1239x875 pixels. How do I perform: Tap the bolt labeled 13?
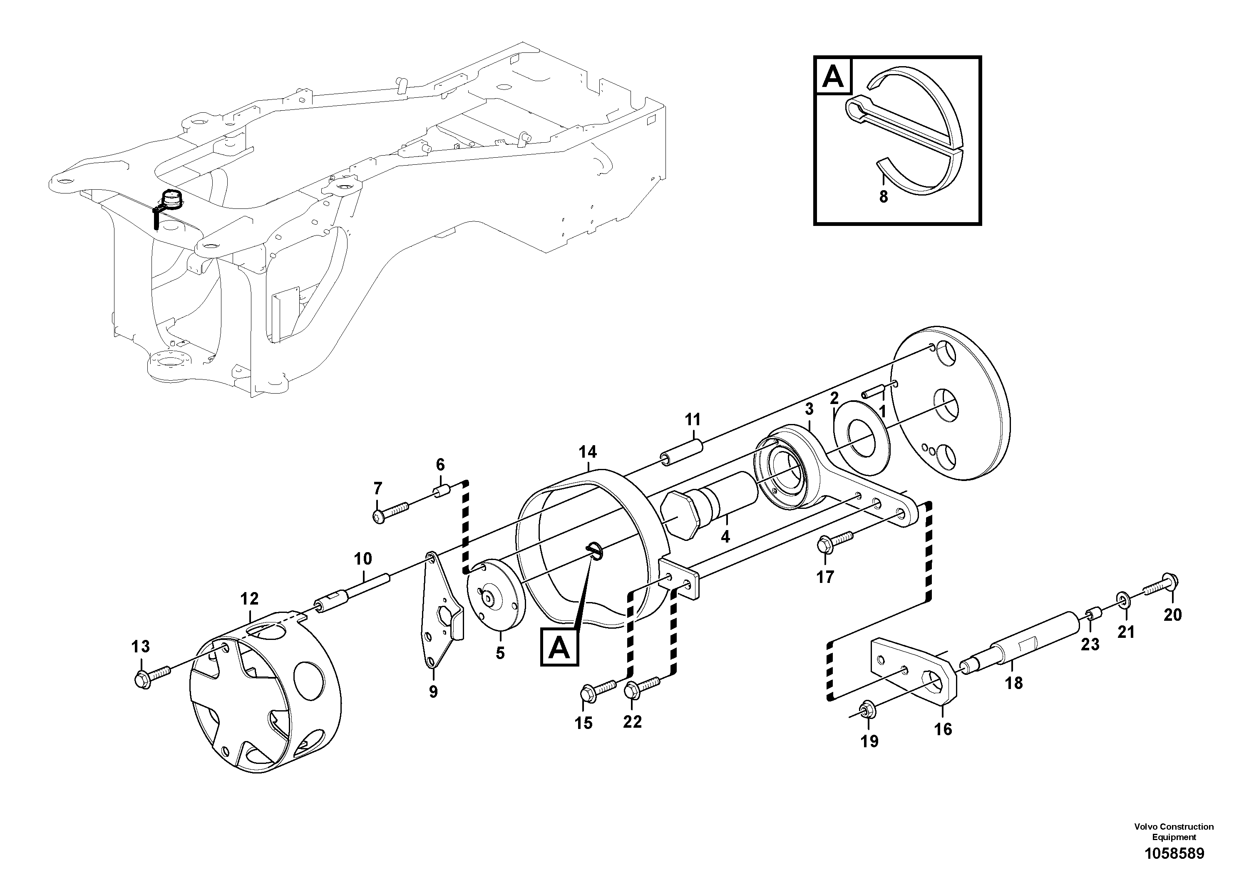(151, 675)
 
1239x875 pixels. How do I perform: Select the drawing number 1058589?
(1174, 854)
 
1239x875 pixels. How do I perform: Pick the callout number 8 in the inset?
(884, 197)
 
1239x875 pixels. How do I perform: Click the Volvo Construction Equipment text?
(1174, 831)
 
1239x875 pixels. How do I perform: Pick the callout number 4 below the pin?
(725, 537)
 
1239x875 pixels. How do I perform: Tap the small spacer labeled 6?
(442, 492)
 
